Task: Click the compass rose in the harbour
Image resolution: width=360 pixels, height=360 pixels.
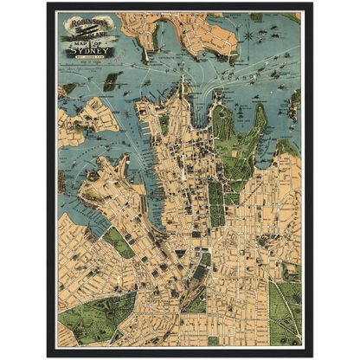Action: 249,36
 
